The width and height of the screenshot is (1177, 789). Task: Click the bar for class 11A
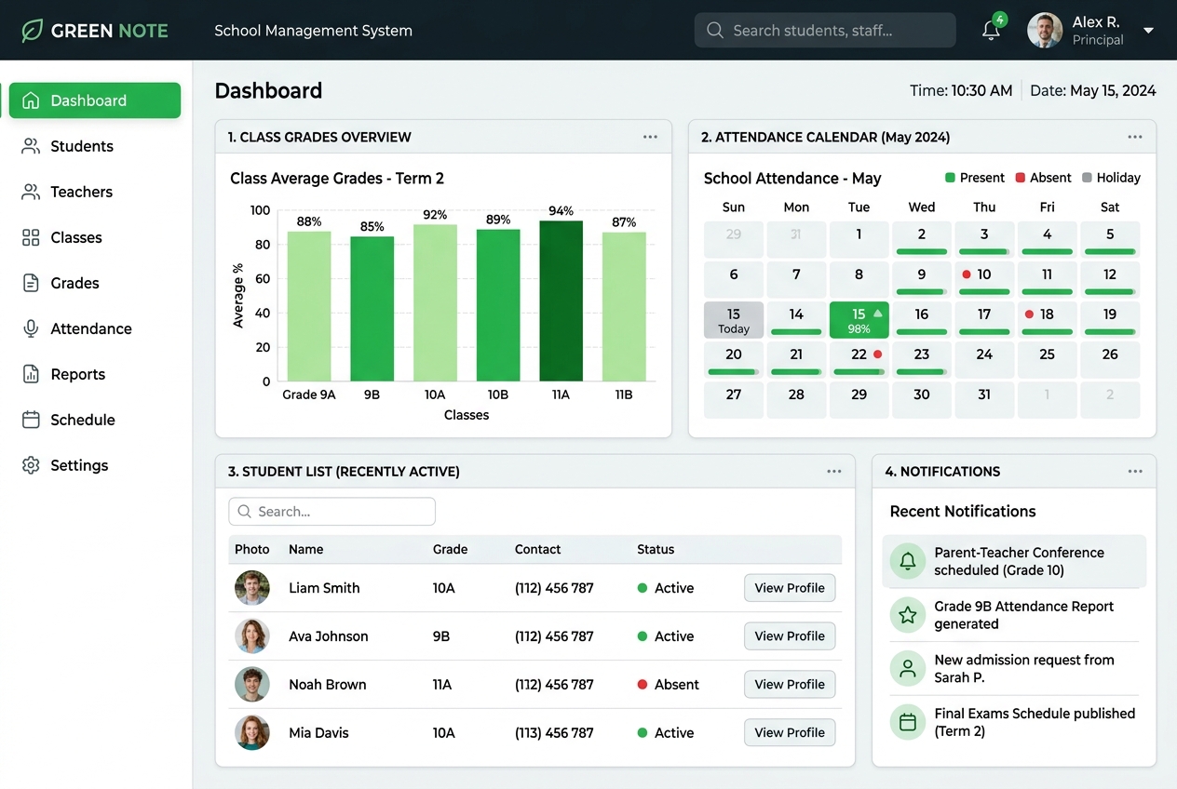(x=561, y=301)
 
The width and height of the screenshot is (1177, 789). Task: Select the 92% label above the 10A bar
(x=435, y=215)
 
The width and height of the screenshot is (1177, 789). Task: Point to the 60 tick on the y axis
(x=263, y=279)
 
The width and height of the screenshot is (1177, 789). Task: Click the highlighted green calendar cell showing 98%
(x=859, y=320)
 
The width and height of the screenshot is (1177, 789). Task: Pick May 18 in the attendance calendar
(x=1047, y=320)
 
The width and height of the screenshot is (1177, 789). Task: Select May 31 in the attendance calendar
(x=984, y=400)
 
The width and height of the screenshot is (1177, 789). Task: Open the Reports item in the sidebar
(x=78, y=374)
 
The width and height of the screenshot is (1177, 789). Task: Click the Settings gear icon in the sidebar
(x=31, y=465)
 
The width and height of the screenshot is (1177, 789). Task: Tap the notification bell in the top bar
(x=991, y=31)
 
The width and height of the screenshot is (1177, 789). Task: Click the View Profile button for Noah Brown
(x=790, y=684)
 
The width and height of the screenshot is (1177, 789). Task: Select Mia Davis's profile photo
(x=252, y=732)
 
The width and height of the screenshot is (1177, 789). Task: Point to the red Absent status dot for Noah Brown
(x=643, y=684)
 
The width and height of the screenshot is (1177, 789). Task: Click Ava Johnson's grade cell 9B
(x=441, y=636)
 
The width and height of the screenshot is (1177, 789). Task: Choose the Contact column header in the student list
(x=537, y=549)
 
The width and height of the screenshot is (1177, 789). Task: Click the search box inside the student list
(x=332, y=512)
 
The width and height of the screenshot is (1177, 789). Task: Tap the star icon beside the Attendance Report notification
(x=908, y=615)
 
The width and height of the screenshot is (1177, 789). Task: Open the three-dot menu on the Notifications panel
(x=1135, y=472)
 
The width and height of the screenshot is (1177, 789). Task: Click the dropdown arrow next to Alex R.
(x=1149, y=31)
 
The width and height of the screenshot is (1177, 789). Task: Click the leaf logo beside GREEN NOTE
(x=32, y=31)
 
